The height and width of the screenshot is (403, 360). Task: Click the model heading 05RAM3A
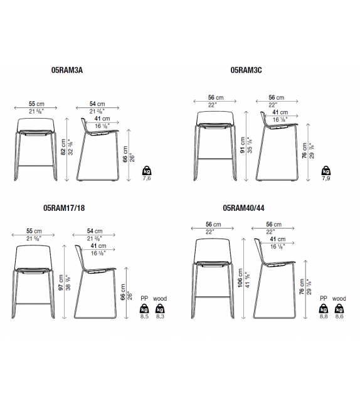67,70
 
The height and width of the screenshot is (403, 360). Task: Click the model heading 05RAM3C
246,70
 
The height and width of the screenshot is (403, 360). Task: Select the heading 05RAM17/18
64,208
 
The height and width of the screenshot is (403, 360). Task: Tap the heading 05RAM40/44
243,208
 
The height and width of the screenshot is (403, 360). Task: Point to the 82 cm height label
63,148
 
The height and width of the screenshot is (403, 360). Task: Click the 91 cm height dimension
242,145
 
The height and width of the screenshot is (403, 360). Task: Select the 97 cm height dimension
61,282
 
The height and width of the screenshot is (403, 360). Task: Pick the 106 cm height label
240,278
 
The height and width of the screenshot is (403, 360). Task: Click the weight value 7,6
147,178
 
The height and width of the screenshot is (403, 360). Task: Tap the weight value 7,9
326,178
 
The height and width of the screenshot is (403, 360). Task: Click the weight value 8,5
144,316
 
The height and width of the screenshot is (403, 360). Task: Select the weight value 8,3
160,316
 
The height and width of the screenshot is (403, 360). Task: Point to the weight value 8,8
324,316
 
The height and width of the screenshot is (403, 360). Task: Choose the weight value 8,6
339,316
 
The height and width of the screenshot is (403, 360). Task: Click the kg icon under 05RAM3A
147,171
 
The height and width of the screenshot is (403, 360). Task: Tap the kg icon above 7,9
326,171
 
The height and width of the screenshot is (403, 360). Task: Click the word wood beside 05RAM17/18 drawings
160,299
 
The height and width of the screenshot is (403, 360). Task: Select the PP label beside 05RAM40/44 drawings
324,299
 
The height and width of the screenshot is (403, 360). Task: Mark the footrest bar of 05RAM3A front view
35,166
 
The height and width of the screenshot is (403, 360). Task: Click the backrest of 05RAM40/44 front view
213,250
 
